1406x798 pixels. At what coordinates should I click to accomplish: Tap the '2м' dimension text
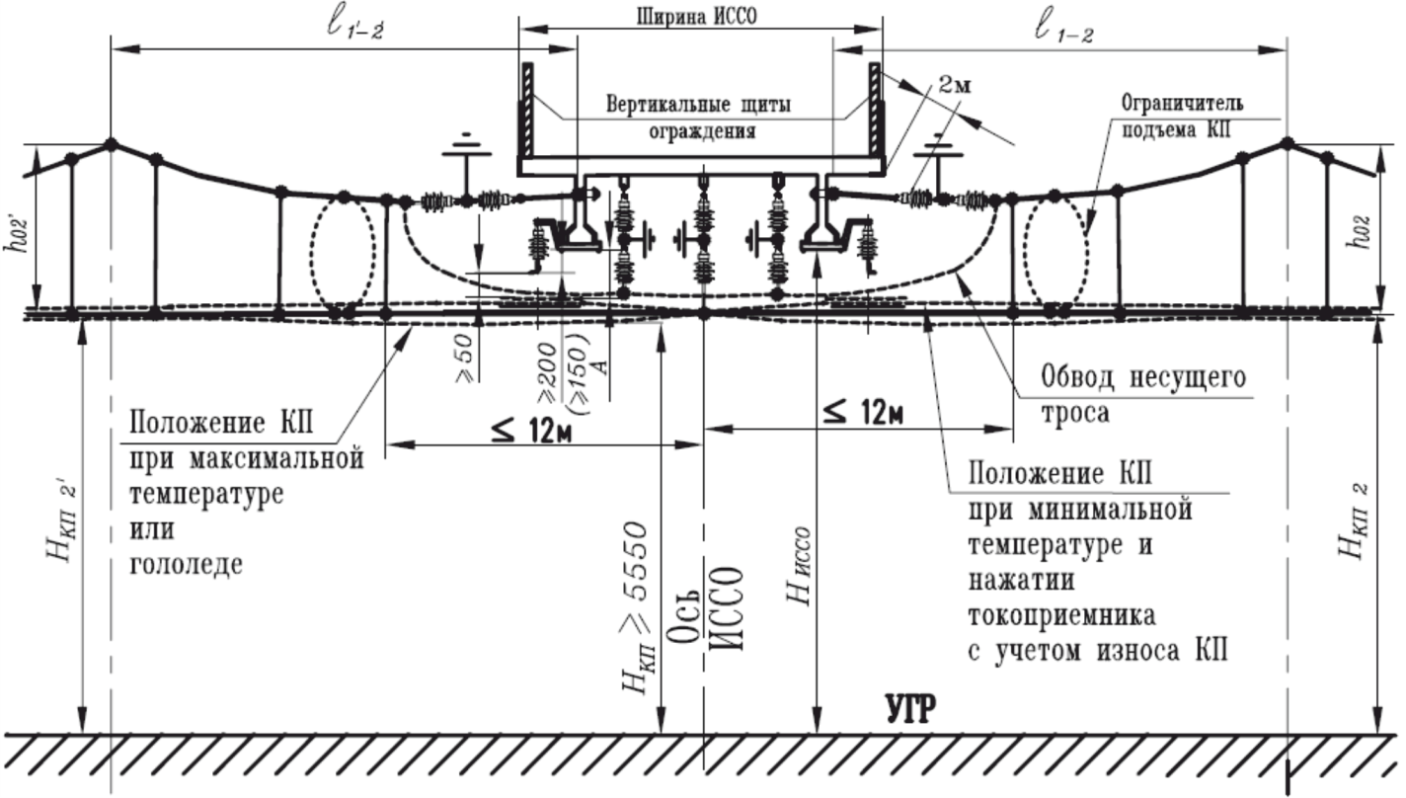click(x=953, y=86)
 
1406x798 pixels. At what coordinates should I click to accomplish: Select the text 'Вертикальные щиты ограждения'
click(x=699, y=117)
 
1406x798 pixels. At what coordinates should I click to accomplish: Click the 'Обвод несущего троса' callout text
click(x=1143, y=394)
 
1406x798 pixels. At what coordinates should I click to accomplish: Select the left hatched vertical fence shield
click(x=527, y=109)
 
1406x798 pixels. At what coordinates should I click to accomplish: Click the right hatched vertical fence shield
click(x=874, y=109)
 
